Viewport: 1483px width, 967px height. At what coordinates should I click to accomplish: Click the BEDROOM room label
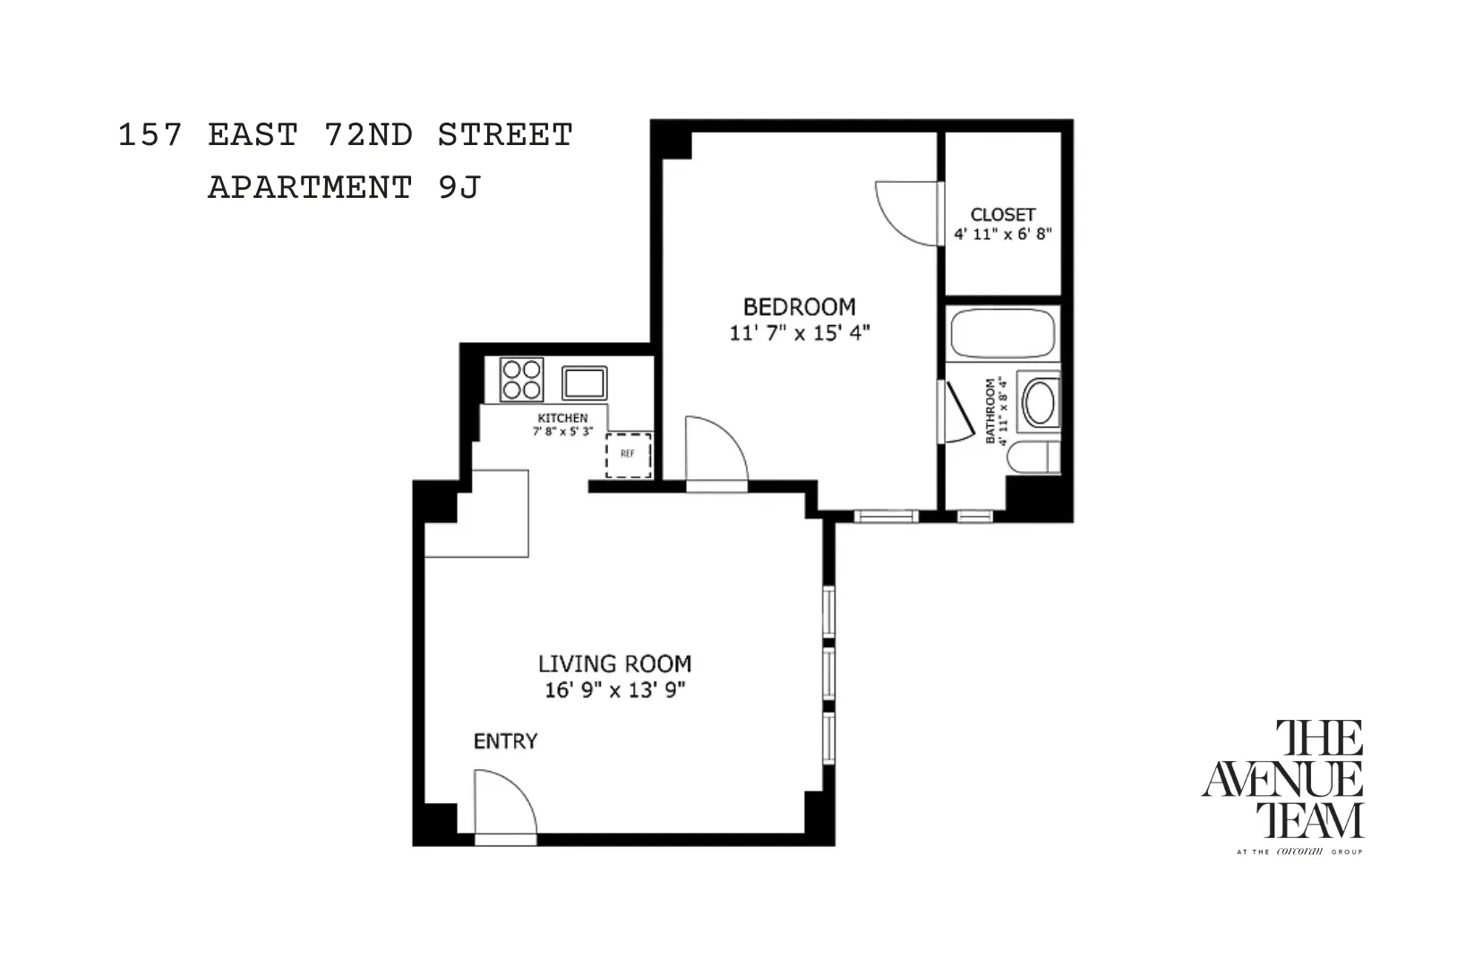pos(799,307)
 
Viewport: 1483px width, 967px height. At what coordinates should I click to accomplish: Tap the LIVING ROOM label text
pos(614,663)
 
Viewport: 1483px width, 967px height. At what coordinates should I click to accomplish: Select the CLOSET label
pos(1002,215)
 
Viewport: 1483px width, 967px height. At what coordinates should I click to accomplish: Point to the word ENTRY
pos(505,741)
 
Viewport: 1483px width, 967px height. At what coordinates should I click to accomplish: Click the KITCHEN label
pos(562,418)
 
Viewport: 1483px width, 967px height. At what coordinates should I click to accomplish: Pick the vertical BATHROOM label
pos(990,411)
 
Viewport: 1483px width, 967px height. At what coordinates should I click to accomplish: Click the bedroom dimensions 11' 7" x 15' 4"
pos(799,333)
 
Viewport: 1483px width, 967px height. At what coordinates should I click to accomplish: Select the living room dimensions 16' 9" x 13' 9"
pos(614,690)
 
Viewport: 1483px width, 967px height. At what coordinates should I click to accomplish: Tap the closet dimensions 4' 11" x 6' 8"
pos(1002,235)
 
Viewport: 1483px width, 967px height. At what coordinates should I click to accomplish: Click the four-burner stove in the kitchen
pos(521,379)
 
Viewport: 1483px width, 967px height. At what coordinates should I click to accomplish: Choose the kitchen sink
pos(584,383)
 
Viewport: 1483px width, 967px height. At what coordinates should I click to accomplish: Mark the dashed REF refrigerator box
pos(628,455)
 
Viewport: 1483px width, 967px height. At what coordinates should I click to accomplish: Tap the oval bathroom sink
pos(1039,403)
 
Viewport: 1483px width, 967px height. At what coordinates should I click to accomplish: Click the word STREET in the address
pos(505,135)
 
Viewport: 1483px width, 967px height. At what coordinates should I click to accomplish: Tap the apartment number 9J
pos(459,188)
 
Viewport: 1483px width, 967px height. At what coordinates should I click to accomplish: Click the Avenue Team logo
pos(1282,784)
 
